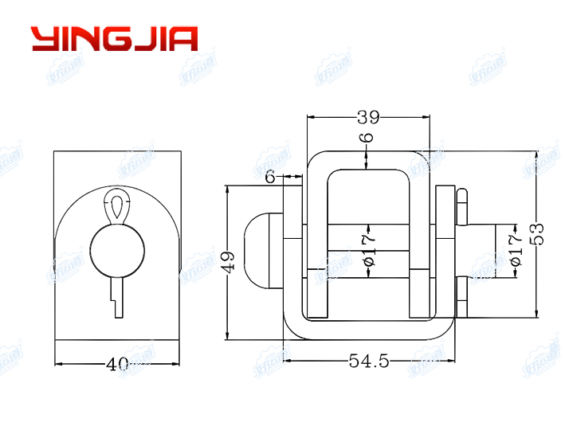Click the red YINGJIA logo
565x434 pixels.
(x=114, y=38)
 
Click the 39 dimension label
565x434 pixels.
(x=367, y=118)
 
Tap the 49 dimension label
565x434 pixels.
(x=229, y=262)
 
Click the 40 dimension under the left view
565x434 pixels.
(x=117, y=365)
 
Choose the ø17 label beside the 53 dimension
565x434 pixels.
(x=516, y=249)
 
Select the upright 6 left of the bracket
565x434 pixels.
(x=270, y=178)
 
